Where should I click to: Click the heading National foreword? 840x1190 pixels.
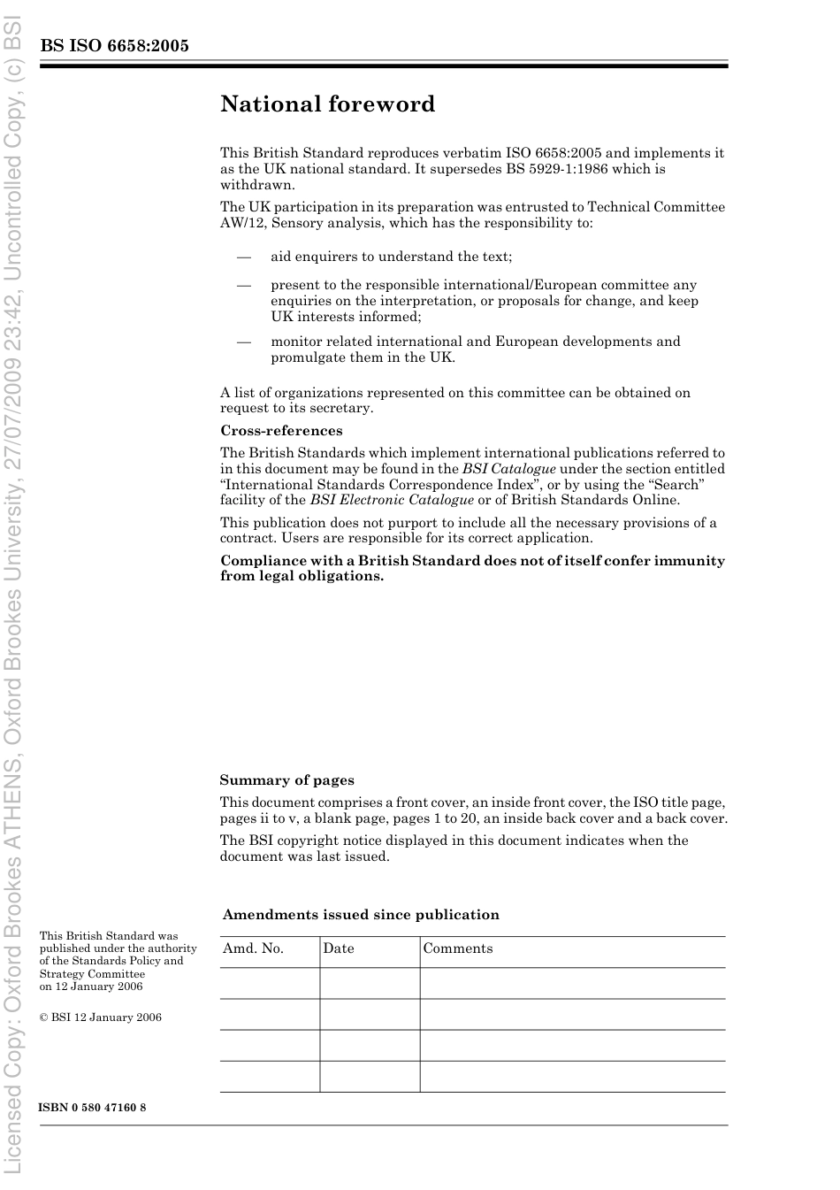(x=327, y=104)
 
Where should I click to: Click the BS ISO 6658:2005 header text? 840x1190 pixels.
(x=114, y=46)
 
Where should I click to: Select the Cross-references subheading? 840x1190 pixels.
(x=281, y=431)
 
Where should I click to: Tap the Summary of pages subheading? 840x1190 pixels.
(x=286, y=780)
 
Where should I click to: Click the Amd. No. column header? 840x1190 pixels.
(x=253, y=948)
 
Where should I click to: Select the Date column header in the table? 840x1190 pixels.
(x=338, y=948)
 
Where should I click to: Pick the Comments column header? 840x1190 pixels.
(x=457, y=948)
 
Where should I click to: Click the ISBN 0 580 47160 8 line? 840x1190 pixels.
(x=93, y=1108)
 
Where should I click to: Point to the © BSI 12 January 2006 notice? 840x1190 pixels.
(x=100, y=1017)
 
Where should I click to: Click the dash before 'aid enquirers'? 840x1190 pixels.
(x=243, y=257)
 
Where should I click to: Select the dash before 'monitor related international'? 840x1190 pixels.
(x=243, y=342)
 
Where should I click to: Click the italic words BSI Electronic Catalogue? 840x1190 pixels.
(x=392, y=500)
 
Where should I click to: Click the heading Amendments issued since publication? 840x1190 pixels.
(x=361, y=915)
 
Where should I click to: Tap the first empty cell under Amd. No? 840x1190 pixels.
(x=270, y=983)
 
